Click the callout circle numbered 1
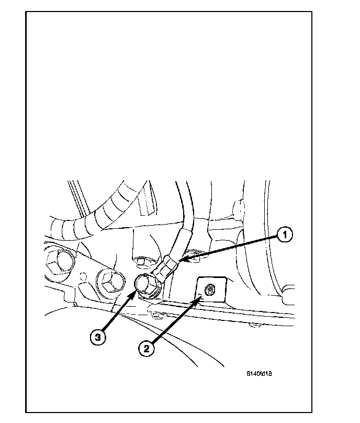pyautogui.click(x=284, y=236)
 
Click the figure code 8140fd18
pyautogui.click(x=261, y=374)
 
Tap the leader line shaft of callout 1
pyautogui.click(x=230, y=248)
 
